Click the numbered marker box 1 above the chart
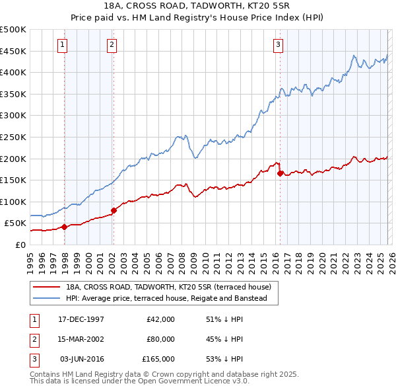coord(62,45)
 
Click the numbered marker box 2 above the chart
coord(112,45)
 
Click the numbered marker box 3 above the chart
coord(278,45)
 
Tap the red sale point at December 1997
coord(64,227)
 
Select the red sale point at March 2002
coord(114,211)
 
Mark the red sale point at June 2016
coord(280,174)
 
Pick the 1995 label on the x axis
coord(30,258)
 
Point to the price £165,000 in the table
coord(158,359)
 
